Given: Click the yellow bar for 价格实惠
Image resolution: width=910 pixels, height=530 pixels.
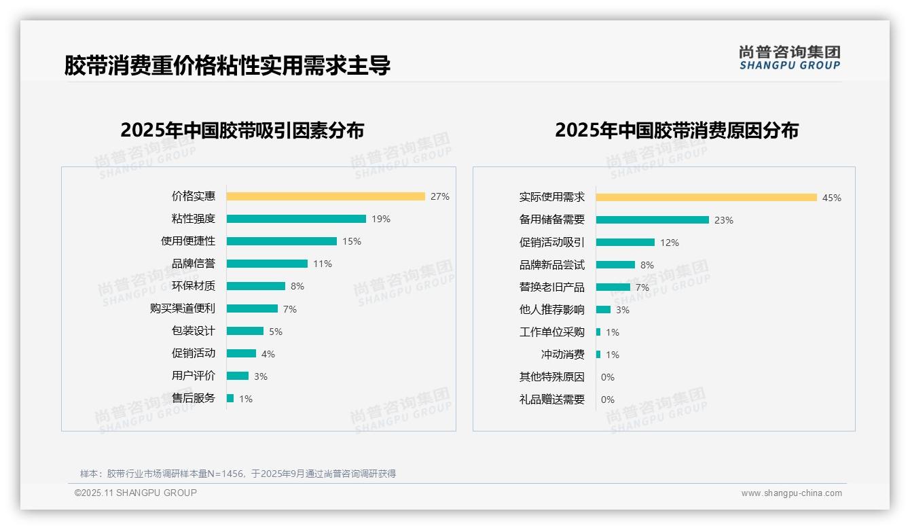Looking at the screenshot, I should (x=325, y=196).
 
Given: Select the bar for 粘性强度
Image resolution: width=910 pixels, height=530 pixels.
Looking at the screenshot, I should (x=296, y=219).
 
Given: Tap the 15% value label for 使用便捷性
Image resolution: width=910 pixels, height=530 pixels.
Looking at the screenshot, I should (x=352, y=241).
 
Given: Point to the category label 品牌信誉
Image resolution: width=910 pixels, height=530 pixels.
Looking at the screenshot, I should (x=193, y=264).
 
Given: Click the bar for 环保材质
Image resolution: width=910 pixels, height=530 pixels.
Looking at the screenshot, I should (x=256, y=286).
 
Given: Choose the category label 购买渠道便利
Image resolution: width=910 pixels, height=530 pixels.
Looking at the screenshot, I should (x=182, y=308).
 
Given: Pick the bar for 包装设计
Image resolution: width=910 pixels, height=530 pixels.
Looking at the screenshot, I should (x=245, y=331).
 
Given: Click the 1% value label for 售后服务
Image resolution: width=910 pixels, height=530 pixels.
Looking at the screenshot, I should (x=245, y=399).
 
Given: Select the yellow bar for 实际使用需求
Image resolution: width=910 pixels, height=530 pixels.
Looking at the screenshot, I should (x=706, y=198).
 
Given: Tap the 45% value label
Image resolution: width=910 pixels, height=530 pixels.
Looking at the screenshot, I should (x=831, y=198).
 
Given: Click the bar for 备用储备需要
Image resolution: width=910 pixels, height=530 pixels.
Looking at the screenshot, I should (x=653, y=220).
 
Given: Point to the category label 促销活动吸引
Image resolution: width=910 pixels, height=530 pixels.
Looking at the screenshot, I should (x=551, y=243).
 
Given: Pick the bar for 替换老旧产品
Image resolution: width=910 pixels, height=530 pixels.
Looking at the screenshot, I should (x=613, y=287).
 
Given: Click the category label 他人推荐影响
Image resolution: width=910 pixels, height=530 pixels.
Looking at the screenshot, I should (x=551, y=310).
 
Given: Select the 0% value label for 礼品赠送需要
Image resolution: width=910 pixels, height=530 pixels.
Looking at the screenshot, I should (x=607, y=400).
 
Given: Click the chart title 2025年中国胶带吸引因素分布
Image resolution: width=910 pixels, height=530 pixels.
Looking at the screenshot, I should (x=242, y=130).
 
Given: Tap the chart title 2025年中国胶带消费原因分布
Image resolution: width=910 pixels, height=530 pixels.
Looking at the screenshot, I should (x=676, y=130).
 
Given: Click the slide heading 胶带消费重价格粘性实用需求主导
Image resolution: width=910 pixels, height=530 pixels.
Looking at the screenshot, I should (x=227, y=65).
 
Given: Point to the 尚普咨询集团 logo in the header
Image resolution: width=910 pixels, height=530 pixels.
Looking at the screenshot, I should (x=789, y=58).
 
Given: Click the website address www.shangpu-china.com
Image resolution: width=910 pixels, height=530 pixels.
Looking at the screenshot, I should (x=791, y=493).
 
